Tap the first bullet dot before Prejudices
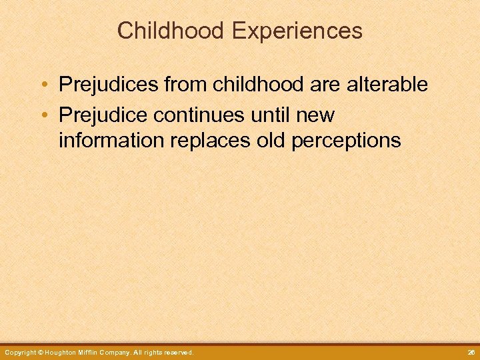tap(43, 85)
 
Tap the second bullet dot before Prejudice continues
tap(43, 115)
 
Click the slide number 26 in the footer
tap(470, 352)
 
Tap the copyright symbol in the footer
tap(40, 352)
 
